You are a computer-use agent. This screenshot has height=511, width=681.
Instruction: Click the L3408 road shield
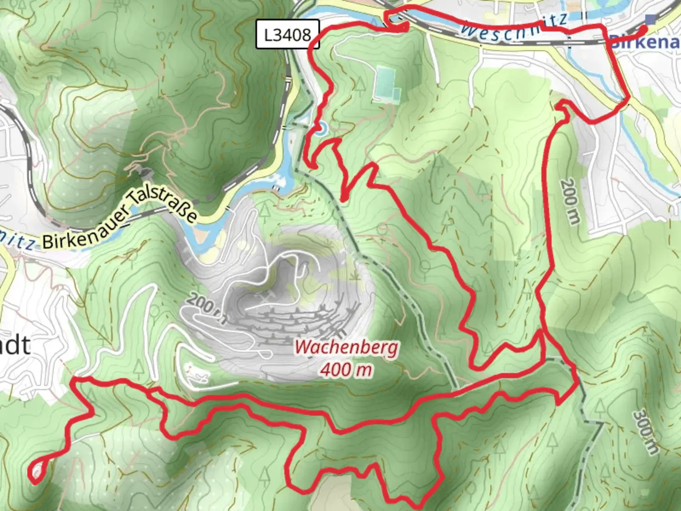coord(288,35)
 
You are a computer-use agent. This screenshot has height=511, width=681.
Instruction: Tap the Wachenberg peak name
coord(346,348)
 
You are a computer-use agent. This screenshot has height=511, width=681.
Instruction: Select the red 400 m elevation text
coord(345,370)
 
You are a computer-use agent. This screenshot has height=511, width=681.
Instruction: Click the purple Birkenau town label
coord(646,43)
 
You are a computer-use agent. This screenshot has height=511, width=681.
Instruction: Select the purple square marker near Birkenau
coord(651,19)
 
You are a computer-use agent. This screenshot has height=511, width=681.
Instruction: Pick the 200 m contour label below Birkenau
coord(570,202)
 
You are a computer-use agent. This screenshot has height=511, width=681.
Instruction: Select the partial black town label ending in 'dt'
coord(15,345)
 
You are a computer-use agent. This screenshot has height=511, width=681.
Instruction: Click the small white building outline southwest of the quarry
coord(198,374)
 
